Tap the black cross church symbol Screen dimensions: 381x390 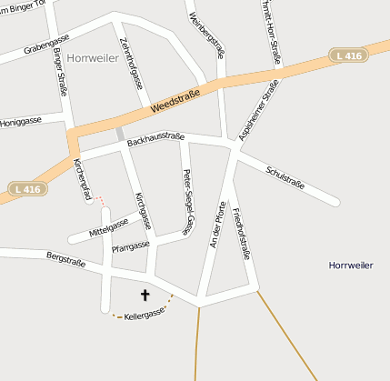point(145,295)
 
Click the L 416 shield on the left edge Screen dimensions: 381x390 point(27,189)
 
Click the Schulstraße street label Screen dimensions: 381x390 point(285,177)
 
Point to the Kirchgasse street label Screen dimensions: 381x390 point(140,208)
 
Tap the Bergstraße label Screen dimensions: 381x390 point(65,260)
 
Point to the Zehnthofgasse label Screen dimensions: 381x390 point(131,63)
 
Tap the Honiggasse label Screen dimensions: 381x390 point(20,121)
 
